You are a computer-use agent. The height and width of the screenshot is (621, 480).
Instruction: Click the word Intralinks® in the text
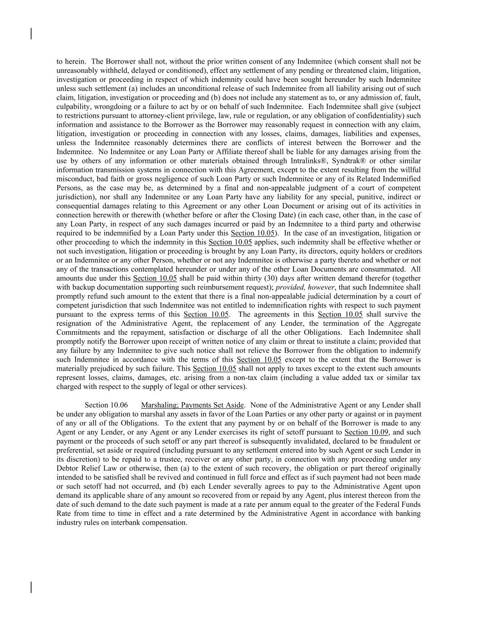tap(308, 161)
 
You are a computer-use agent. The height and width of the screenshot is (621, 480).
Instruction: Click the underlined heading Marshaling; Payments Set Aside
tap(192, 405)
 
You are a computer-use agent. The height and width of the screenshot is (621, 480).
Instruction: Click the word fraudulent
tap(395, 441)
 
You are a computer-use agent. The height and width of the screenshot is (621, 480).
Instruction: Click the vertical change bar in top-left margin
tap(31, 34)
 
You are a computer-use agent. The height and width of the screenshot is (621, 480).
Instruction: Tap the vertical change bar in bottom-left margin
tap(31, 587)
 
